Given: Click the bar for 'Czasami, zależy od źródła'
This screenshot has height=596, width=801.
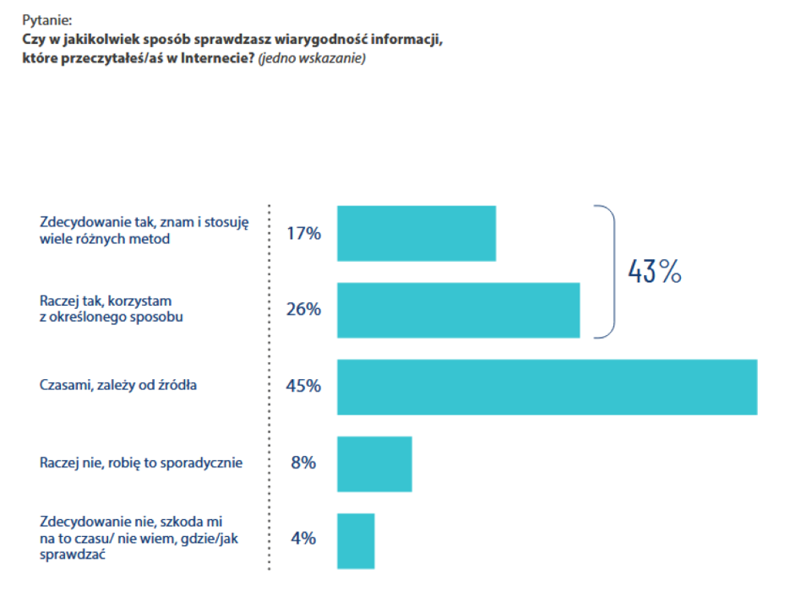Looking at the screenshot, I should coord(547,387).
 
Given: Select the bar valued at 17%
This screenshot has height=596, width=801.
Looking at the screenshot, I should coord(417,233).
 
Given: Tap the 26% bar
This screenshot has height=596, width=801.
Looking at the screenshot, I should coord(458,310).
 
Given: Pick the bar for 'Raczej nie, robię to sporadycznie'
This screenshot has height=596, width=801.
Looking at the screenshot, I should coord(374,463).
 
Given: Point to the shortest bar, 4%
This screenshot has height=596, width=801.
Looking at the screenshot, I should coord(356,540).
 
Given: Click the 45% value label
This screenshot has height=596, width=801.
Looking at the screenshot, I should coord(304,387).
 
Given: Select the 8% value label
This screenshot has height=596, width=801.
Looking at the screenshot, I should coord(303,463).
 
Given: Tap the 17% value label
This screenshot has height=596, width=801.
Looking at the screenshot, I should coord(304,233).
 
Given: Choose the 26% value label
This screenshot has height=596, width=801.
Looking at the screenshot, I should coord(304,310).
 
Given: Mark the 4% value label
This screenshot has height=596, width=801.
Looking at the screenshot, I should coord(303,538).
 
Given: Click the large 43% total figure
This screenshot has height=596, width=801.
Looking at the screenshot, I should coord(654,272).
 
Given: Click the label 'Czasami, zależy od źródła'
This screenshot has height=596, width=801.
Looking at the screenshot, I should coord(118,386).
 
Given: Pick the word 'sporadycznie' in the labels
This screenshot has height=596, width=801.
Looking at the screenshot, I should coord(205,463).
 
